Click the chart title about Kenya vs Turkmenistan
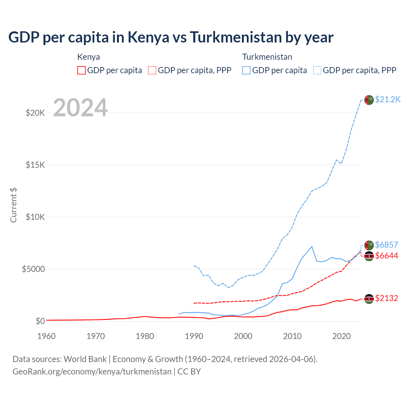171,37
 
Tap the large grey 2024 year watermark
80,108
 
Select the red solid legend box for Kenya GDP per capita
81,70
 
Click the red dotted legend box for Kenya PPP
152,70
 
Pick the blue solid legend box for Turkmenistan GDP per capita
246,70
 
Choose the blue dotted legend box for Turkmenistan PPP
317,70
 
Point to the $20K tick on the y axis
35,113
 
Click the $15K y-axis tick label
35,165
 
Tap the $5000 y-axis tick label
33,269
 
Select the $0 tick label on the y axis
40,321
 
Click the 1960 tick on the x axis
47,336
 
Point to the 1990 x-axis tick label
194,336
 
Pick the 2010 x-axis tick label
292,336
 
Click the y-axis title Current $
13,205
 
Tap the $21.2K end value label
388,100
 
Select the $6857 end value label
387,245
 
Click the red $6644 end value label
387,256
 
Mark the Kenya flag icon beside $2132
369,299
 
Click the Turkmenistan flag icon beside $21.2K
369,100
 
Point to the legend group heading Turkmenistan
267,57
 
